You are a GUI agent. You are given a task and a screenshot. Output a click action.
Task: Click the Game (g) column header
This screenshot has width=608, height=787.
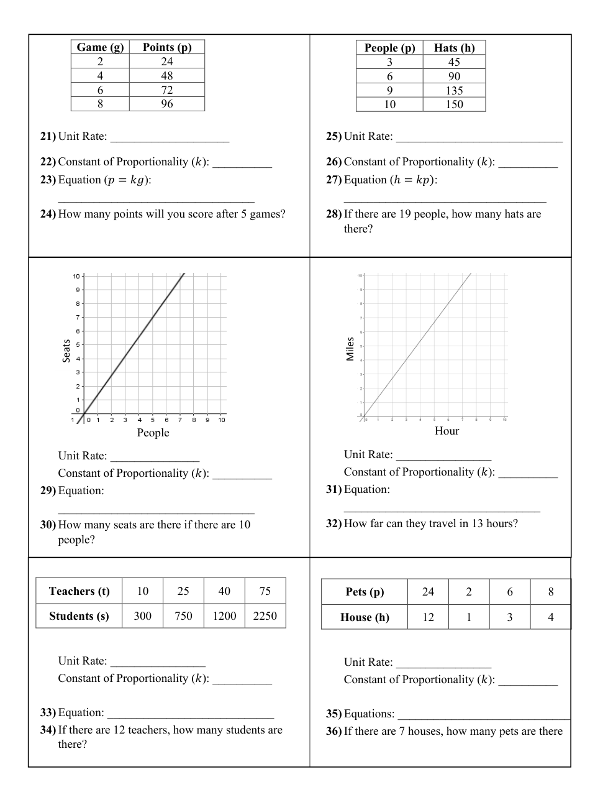(100, 47)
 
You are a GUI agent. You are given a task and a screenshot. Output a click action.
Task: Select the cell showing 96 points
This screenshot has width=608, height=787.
(167, 104)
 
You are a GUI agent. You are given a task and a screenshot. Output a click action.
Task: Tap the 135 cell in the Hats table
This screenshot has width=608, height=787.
(454, 91)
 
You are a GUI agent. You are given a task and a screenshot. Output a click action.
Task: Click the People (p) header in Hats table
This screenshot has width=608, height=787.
(389, 48)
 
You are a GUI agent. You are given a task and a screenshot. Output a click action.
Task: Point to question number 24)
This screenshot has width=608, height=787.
(48, 214)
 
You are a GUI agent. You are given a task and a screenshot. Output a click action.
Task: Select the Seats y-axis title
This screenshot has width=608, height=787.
(66, 351)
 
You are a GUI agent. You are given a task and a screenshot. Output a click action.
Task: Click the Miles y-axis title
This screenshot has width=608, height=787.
(350, 349)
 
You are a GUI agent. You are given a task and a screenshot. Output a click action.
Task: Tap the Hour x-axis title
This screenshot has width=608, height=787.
(447, 431)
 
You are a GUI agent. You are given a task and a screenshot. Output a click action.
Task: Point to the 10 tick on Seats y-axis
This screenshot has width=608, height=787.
(76, 276)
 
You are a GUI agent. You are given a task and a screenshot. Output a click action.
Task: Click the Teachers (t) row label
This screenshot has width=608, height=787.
(79, 591)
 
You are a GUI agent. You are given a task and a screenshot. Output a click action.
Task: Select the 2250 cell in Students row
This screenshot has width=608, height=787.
(265, 616)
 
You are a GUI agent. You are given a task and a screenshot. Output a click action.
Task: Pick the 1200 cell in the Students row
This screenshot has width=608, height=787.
(224, 616)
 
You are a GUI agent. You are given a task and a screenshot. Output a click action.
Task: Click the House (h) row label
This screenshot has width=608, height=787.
(365, 617)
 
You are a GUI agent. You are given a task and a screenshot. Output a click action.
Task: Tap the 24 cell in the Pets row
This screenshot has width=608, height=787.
(428, 592)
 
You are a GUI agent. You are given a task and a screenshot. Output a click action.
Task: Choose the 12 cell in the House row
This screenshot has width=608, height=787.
(428, 617)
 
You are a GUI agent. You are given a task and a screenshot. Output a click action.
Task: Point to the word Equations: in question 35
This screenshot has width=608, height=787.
(369, 714)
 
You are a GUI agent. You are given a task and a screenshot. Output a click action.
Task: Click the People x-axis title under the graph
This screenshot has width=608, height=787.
(153, 433)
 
